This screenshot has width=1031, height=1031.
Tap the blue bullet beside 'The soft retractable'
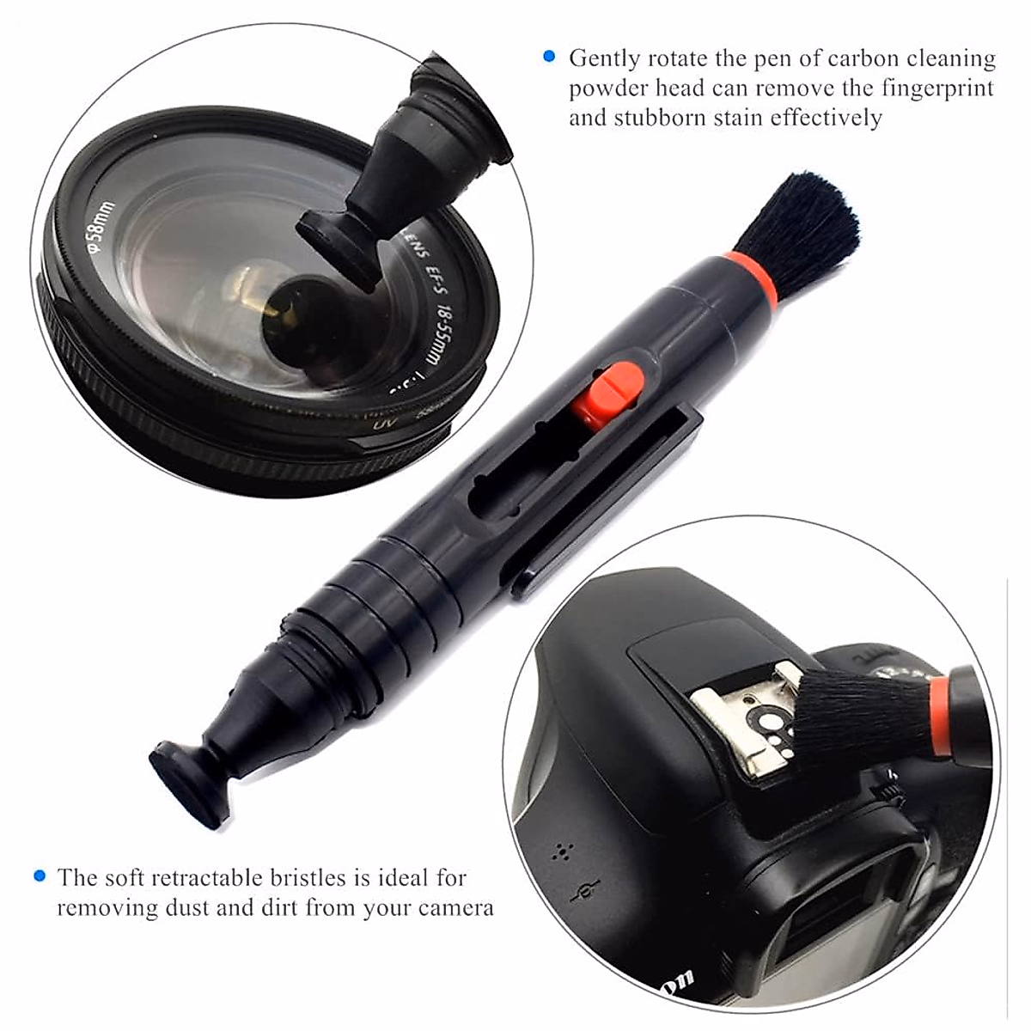[39, 876]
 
